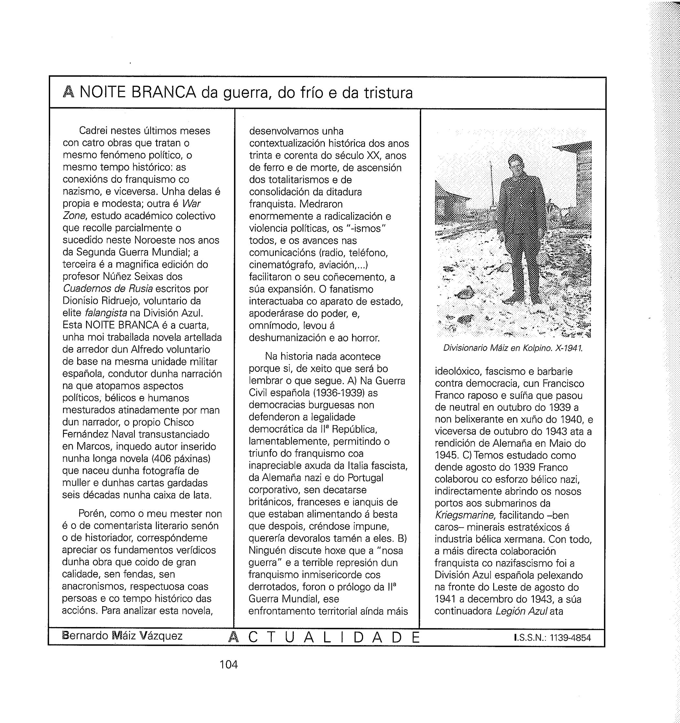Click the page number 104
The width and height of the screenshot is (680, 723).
[228, 665]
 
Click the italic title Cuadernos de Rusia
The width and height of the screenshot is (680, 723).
[108, 289]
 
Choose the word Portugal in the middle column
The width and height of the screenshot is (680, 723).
[365, 478]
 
